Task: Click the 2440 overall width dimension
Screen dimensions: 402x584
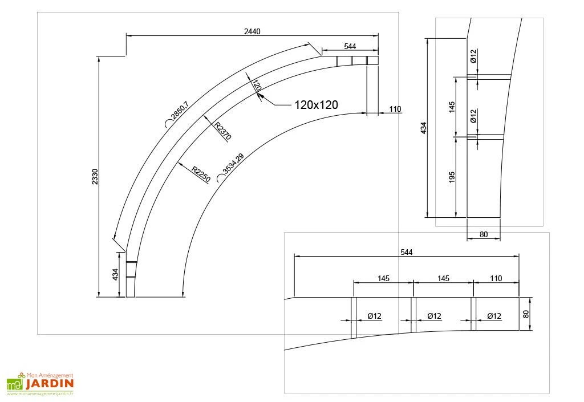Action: click(252, 32)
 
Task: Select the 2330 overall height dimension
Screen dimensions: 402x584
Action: click(95, 177)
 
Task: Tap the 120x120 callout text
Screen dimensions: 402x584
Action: click(316, 104)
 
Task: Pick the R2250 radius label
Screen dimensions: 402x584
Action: click(201, 174)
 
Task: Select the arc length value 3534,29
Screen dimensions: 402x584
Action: click(233, 164)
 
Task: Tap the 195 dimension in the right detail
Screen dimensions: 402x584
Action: click(452, 177)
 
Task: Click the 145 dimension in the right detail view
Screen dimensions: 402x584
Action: click(452, 107)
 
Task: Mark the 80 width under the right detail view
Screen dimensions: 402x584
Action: click(484, 234)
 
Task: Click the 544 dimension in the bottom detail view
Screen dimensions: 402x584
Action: click(406, 251)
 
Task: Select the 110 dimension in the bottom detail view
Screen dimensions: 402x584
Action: click(496, 278)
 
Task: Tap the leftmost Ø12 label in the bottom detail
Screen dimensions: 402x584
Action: click(375, 316)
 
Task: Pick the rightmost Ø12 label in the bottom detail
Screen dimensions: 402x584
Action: click(494, 316)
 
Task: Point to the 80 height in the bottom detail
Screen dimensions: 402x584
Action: click(526, 314)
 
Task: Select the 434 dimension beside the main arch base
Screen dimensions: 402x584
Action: click(116, 274)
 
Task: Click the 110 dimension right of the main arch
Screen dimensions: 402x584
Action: click(396, 108)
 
